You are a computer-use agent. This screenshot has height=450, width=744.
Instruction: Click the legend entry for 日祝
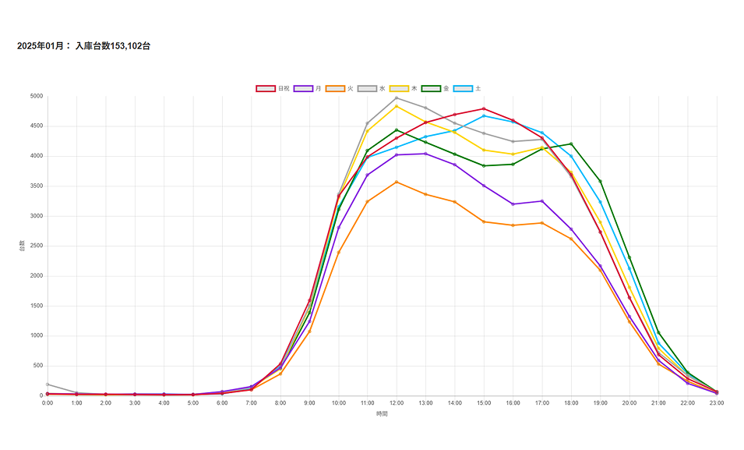tap(273, 89)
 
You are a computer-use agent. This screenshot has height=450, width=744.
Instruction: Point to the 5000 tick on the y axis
tap(36, 97)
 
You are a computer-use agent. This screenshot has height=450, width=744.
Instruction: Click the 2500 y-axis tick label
tap(36, 246)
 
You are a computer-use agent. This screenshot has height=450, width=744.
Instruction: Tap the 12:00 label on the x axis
tap(397, 403)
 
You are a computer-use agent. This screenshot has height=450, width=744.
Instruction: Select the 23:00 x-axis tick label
tap(717, 403)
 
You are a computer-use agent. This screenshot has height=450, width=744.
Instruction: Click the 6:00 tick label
tap(222, 403)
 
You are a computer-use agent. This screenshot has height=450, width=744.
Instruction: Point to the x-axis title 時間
tap(382, 413)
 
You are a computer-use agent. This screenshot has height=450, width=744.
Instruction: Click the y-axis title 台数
tap(23, 246)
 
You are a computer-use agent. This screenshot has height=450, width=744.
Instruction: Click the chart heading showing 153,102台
tap(84, 47)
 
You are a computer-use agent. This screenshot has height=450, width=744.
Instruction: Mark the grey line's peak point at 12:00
tap(397, 98)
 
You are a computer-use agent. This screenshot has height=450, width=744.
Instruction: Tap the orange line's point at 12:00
tap(397, 182)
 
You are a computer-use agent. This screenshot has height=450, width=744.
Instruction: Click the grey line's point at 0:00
tap(48, 384)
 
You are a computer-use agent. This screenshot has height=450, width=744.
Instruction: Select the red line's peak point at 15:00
tap(484, 109)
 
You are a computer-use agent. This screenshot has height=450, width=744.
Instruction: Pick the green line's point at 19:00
tap(600, 181)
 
